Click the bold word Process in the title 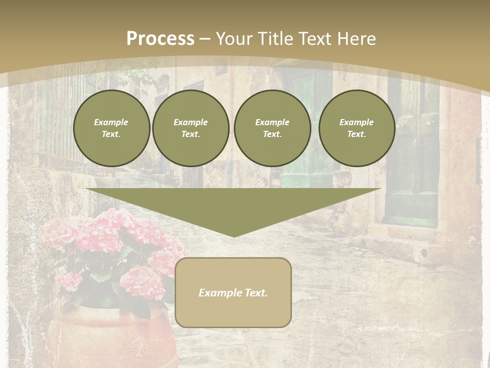point(160,39)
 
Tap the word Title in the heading point(274,39)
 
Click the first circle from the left point(111,128)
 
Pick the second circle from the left point(190,128)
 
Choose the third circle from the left point(272,128)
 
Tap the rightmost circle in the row point(356,128)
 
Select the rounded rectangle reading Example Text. point(233,292)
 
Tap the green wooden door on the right point(411,169)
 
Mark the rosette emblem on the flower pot point(139,348)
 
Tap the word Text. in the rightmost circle point(356,134)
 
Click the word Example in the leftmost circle point(111,122)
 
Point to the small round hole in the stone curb point(424,252)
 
